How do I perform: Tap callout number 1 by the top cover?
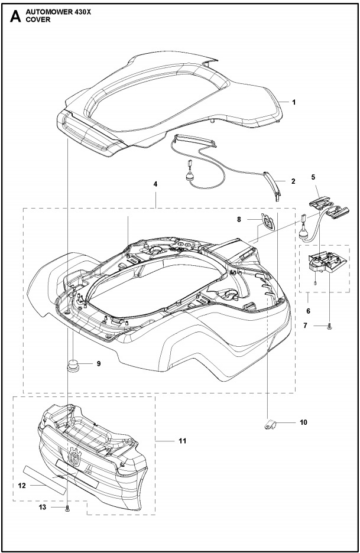click(294, 102)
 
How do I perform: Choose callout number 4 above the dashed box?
click(155, 184)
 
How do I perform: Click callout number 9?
click(98, 364)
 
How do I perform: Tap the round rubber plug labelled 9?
click(73, 365)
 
